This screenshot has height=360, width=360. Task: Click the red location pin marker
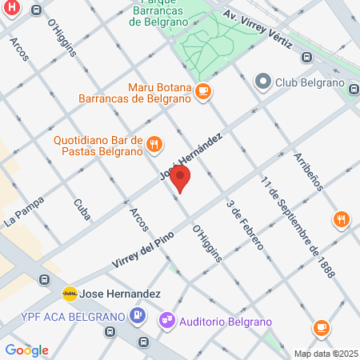coord(182,179)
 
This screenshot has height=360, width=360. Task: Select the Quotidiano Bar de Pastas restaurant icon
coord(154,144)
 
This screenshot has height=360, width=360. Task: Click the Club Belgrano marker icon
coord(262,81)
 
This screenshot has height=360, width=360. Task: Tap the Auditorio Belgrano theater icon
coord(167,321)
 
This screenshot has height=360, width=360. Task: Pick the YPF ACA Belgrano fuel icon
coord(138,315)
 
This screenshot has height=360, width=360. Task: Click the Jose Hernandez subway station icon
coord(70,293)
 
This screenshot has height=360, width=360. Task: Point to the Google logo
coord(26,350)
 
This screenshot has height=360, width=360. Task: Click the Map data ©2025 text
coord(326,354)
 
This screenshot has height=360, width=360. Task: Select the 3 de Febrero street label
coord(244,226)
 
